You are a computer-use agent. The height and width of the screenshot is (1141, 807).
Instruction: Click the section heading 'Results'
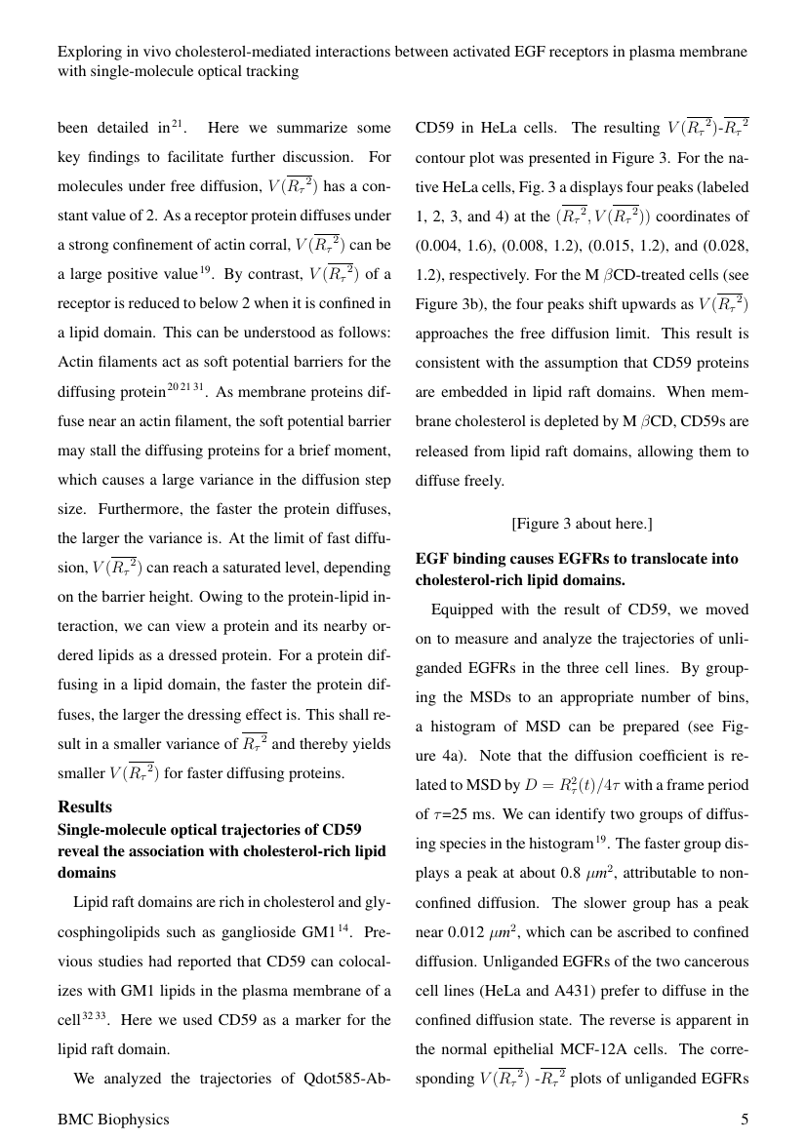pyautogui.click(x=85, y=807)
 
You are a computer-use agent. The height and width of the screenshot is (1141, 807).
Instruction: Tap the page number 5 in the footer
pyautogui.click(x=745, y=1120)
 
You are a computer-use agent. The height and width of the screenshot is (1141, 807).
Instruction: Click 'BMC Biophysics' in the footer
pyautogui.click(x=113, y=1120)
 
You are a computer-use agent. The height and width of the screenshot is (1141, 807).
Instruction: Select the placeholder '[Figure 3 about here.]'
pyautogui.click(x=582, y=524)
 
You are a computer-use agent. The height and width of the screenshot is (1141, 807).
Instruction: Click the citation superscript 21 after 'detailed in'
pyautogui.click(x=177, y=123)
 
